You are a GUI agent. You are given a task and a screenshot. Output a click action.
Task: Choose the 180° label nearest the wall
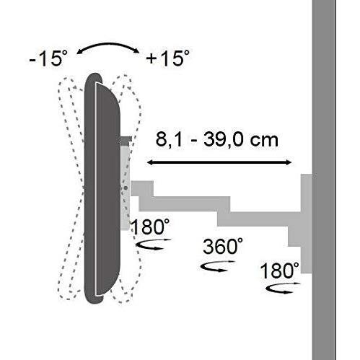pyautogui.click(x=281, y=271)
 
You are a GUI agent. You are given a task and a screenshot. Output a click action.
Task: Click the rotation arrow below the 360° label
pyautogui.click(x=214, y=266)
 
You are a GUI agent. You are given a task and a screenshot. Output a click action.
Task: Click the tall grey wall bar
pyautogui.click(x=335, y=180)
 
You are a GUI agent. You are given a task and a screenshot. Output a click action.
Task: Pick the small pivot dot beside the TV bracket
pyautogui.click(x=127, y=188)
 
